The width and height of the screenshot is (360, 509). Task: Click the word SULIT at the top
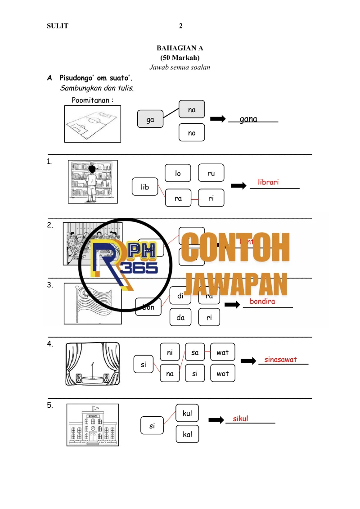58,26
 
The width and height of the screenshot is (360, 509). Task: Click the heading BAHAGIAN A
180,48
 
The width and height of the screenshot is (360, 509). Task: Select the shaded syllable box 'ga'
150,120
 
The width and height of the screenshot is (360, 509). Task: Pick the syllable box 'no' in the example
192,133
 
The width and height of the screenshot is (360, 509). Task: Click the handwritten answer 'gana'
248,119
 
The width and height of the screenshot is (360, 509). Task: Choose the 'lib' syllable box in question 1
144,187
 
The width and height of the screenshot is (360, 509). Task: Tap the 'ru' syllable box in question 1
211,173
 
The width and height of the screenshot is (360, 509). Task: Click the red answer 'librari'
269,182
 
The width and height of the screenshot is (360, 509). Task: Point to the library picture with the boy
93,182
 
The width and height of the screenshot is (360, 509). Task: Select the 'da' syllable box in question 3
181,317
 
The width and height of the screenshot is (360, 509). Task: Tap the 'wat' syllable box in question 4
223,352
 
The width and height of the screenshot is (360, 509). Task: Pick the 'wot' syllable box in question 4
223,374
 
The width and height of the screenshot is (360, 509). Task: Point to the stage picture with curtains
93,364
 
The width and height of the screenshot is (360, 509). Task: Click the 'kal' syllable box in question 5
187,434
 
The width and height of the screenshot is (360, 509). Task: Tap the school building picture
93,425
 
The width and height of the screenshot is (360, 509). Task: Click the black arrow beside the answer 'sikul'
216,420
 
